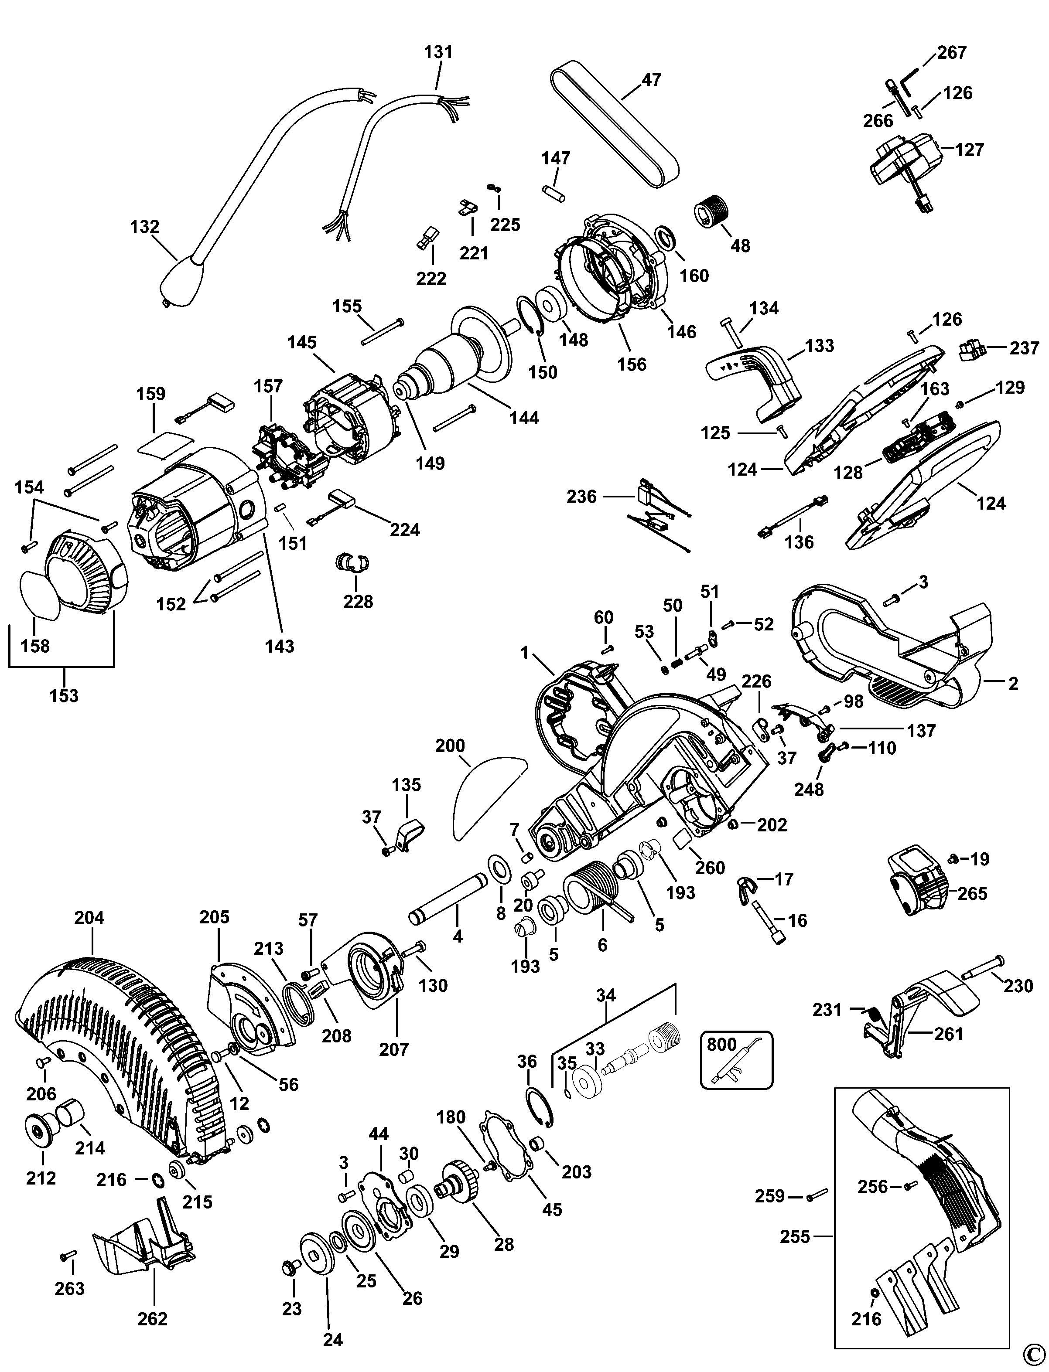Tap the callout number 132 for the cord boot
coord(145,227)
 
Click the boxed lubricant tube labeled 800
coord(737,1060)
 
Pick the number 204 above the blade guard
coord(89,918)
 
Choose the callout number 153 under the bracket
coord(64,695)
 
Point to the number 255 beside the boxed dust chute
coord(795,1236)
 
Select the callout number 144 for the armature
coord(524,418)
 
